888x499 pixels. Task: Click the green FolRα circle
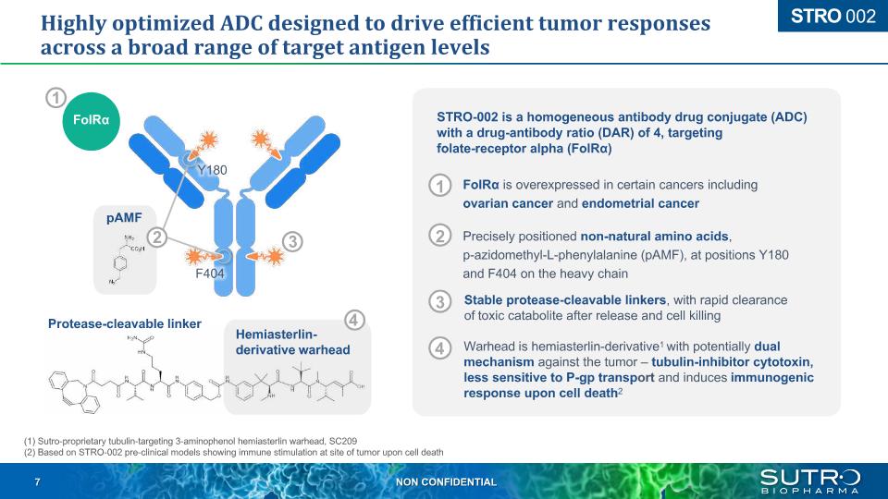(x=92, y=121)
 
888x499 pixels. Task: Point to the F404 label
(x=209, y=274)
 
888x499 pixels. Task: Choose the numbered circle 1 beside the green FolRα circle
(x=55, y=97)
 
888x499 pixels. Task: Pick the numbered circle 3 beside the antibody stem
(x=291, y=241)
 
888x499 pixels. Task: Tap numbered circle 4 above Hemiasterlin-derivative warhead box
(x=354, y=320)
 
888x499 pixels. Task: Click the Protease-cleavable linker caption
(x=124, y=323)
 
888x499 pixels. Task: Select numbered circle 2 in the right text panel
(x=440, y=236)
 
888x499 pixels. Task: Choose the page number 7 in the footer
(x=37, y=482)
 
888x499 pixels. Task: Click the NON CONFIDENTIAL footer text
(x=445, y=482)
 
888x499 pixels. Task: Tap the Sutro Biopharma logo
(x=809, y=481)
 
